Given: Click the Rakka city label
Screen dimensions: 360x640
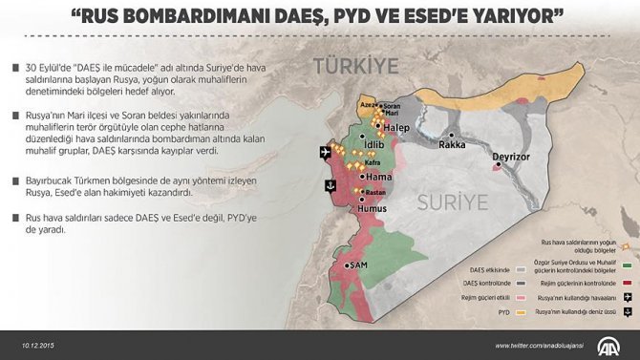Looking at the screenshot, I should (x=452, y=145).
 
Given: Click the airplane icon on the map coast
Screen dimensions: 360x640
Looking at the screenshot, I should (x=325, y=152).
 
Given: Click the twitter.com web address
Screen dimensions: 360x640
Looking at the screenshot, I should (x=536, y=345).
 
